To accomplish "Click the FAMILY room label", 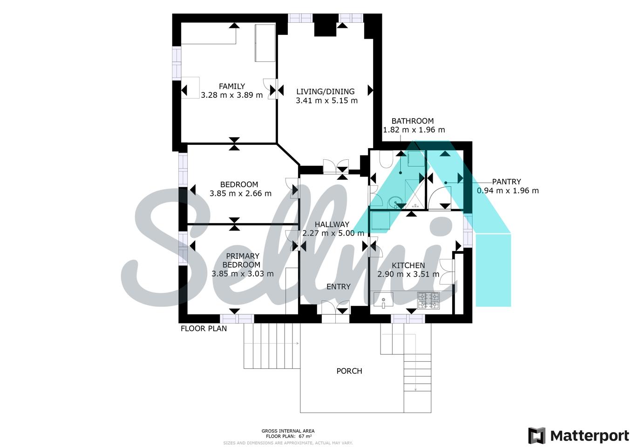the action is pos(232,86).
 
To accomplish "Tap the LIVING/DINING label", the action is pos(325,91).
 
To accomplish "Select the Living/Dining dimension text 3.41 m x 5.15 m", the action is pos(326,101).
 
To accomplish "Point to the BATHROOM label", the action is pos(413,121).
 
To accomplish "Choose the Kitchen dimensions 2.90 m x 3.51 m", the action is pos(408,274).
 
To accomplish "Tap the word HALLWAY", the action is pos(332,224).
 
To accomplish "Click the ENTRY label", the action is pos(338,286).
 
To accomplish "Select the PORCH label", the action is pos(349,371).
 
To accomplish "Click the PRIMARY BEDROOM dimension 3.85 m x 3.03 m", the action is pos(243,274).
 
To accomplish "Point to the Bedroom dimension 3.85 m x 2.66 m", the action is pos(240,193).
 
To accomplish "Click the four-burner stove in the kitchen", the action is pos(428,301).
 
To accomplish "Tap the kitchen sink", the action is pos(383,300).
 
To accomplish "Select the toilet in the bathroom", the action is pos(386,159).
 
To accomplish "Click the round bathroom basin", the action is pos(394,202).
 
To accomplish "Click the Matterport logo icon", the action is pos(537,436).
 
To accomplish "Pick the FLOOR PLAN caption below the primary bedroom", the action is pos(204,328).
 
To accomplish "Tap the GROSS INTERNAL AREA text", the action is pos(288,431).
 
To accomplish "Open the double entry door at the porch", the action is pos(335,307).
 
